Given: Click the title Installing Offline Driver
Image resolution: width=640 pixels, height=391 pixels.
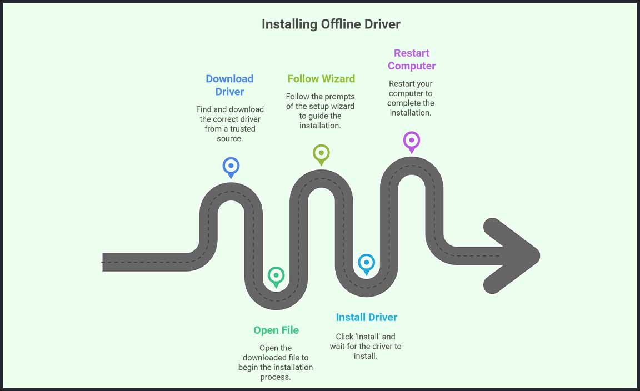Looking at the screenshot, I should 331,24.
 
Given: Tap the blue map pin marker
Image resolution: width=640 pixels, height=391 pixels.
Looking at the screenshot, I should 231,166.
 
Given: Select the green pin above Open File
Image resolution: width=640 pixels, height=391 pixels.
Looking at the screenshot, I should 276,275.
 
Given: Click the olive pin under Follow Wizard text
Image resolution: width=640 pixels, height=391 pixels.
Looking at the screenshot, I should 321,153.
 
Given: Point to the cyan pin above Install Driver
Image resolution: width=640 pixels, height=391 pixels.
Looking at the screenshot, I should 366,263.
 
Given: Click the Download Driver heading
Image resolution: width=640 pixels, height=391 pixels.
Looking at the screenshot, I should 229,85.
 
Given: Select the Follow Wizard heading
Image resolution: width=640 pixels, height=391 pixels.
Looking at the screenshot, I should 321,79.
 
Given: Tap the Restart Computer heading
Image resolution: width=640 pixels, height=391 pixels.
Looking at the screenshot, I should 412,59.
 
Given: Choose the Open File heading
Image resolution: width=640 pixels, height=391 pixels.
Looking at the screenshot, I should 276,330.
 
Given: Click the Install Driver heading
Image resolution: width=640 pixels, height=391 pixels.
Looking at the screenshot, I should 367,318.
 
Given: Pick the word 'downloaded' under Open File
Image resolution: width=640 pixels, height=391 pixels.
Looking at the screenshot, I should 264,358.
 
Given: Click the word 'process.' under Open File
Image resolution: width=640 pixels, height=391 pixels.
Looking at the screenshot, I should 276,377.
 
